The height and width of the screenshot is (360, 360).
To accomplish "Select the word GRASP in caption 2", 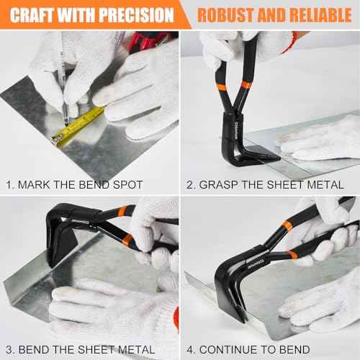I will coord(219,185).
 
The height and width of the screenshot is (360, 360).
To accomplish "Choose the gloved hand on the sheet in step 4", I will coord(317,295).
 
